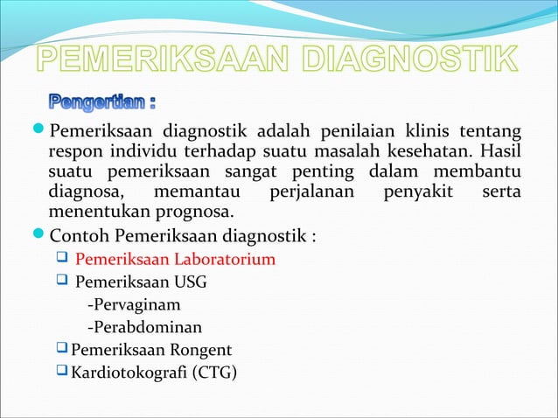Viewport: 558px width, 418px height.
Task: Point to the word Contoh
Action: click(x=80, y=235)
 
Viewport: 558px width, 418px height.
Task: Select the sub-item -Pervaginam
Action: click(x=136, y=305)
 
